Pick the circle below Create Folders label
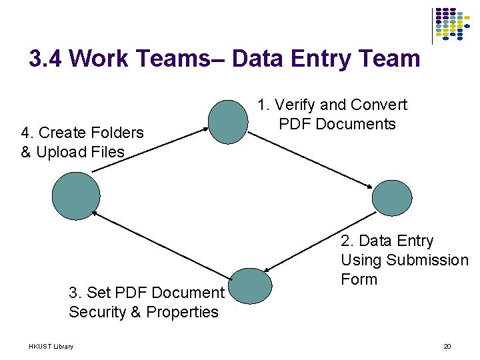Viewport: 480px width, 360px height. point(76,196)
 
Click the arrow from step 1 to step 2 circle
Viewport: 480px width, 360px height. point(311,161)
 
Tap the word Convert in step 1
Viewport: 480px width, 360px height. point(379,105)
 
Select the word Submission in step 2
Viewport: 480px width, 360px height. point(427,260)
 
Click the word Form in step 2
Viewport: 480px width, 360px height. point(359,279)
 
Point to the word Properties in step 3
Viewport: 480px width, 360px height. point(182,312)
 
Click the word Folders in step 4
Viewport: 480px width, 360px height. point(119,133)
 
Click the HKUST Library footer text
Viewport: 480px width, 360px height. point(51,346)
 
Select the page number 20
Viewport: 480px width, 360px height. point(447,346)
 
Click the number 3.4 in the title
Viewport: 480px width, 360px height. point(46,59)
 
